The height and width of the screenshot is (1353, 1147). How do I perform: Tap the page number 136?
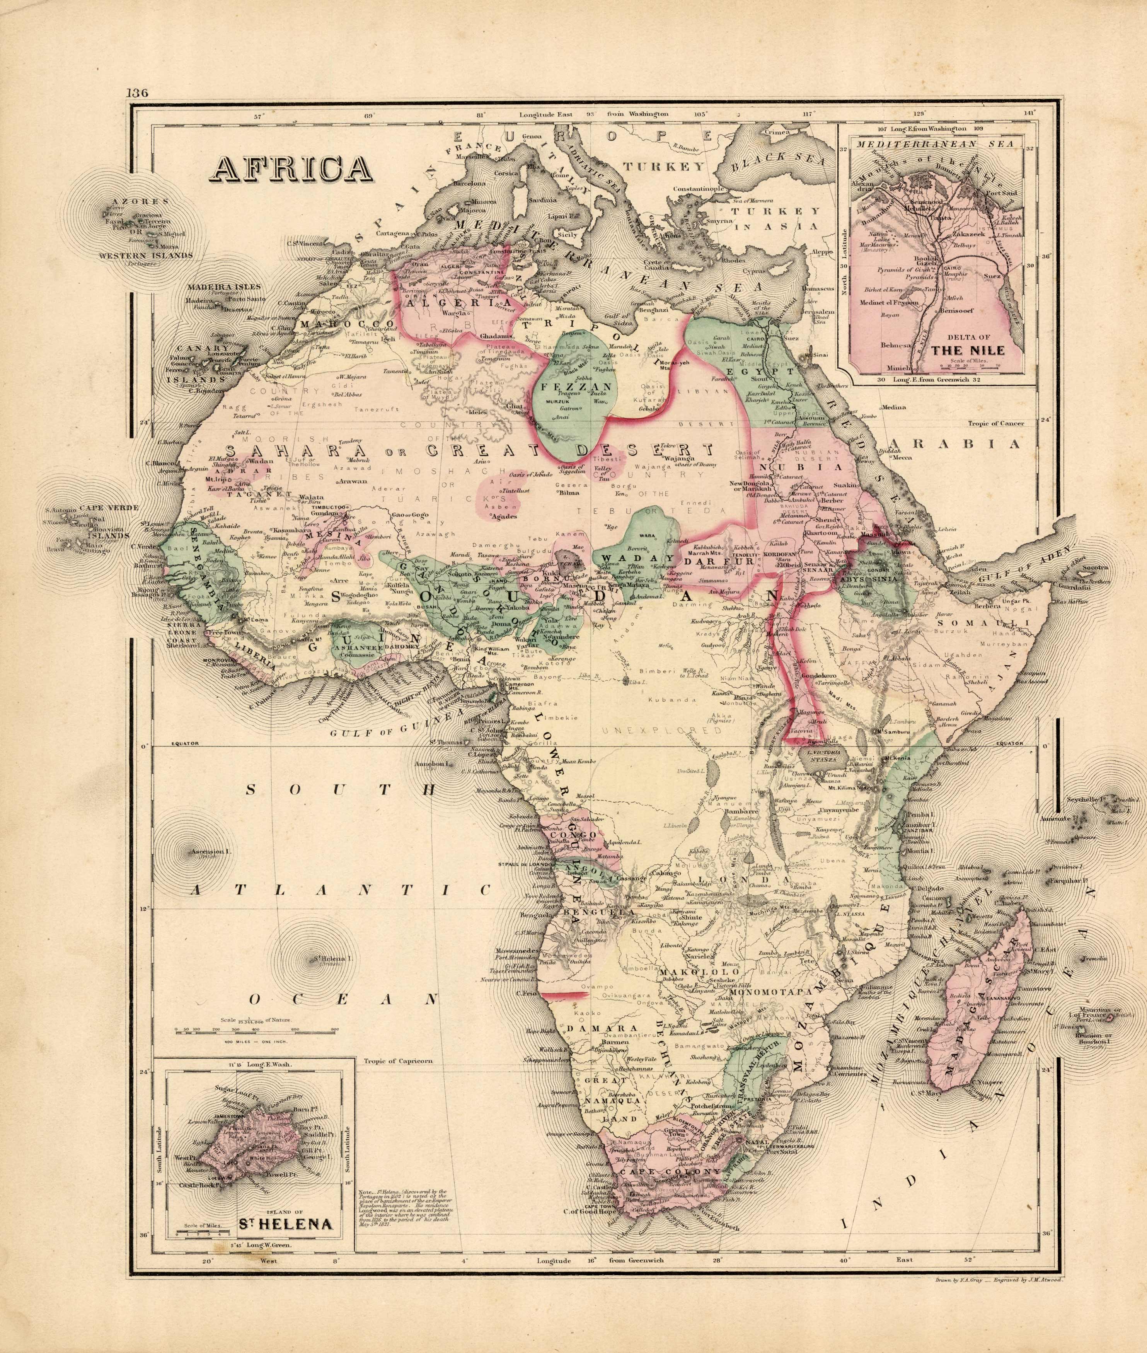(138, 92)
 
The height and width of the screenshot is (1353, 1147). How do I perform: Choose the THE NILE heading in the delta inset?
(968, 350)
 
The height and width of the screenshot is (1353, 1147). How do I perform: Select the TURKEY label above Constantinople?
(664, 167)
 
